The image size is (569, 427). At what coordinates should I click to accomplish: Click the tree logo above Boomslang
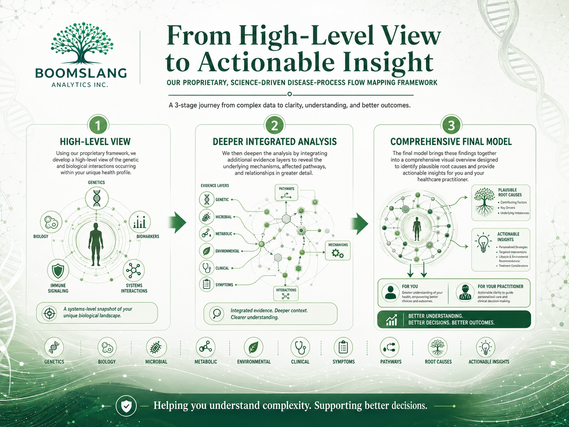coord(82,43)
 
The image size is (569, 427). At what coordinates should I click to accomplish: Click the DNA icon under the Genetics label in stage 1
coord(97,198)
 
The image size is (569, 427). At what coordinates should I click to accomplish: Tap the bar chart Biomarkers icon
coord(140,222)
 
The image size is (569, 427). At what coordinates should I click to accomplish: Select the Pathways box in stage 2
coord(286,193)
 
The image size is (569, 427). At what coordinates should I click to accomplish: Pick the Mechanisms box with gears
coord(338,250)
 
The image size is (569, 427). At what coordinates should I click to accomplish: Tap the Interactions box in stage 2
coord(286,293)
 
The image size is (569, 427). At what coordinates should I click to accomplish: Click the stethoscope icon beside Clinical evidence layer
coord(207,268)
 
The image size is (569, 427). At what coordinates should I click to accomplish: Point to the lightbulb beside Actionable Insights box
coord(483,243)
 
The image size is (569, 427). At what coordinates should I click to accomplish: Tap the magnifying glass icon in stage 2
coord(217,313)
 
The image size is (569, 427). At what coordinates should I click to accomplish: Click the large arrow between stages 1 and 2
coord(178,223)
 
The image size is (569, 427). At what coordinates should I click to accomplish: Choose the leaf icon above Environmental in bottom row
coord(253,347)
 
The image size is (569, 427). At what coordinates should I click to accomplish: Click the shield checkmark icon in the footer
coord(126,406)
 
